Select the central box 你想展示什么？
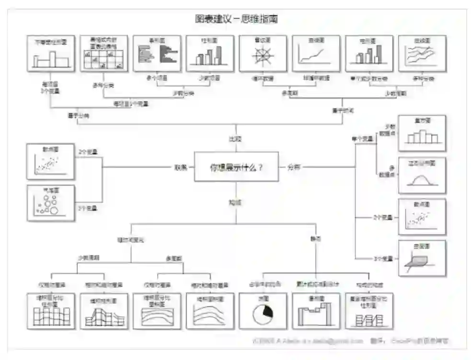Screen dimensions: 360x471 236,167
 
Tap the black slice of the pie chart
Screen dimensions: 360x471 267,311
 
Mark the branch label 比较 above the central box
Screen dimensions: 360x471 235,139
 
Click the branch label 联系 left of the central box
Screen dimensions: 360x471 181,167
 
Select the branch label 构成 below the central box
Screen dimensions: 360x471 235,203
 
